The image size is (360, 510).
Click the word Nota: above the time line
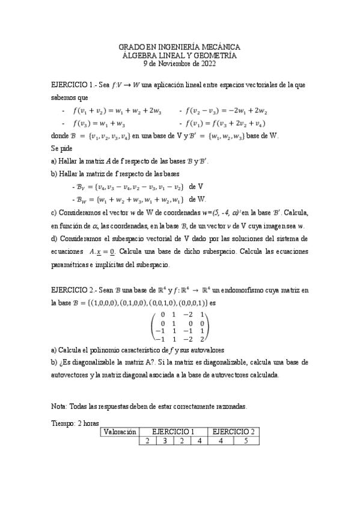tap(61, 407)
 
